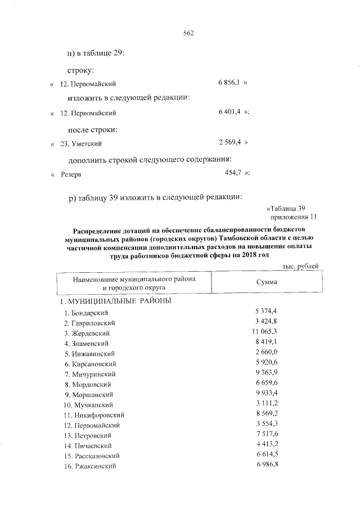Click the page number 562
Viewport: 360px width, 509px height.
pyautogui.click(x=188, y=33)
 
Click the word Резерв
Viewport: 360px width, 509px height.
pyautogui.click(x=70, y=174)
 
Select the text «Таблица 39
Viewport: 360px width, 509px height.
pyautogui.click(x=287, y=209)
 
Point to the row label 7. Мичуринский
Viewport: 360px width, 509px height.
pyautogui.click(x=90, y=373)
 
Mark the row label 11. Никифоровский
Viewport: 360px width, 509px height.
pyautogui.click(x=93, y=415)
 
